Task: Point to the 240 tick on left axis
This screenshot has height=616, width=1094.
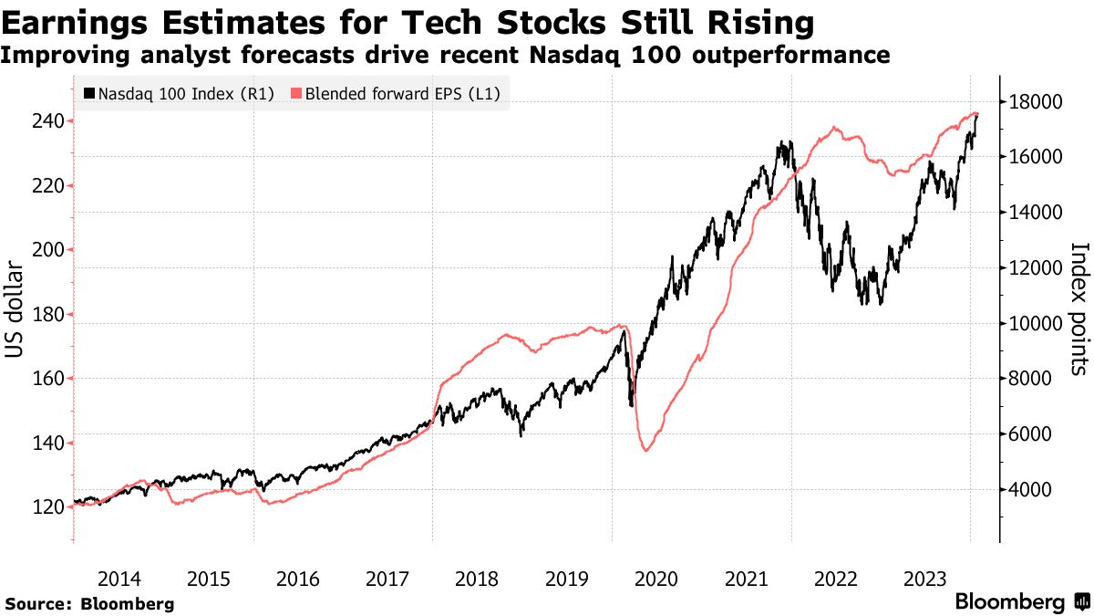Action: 47,121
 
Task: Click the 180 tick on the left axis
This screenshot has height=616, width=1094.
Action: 47,315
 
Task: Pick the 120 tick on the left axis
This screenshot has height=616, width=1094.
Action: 47,507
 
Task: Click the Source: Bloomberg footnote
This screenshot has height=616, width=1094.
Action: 89,603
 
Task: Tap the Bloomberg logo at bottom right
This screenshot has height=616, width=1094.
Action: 1021,602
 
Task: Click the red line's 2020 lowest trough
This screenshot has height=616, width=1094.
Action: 646,450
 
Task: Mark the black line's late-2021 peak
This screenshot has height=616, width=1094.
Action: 781,142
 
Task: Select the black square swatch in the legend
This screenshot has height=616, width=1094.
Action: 89,93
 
